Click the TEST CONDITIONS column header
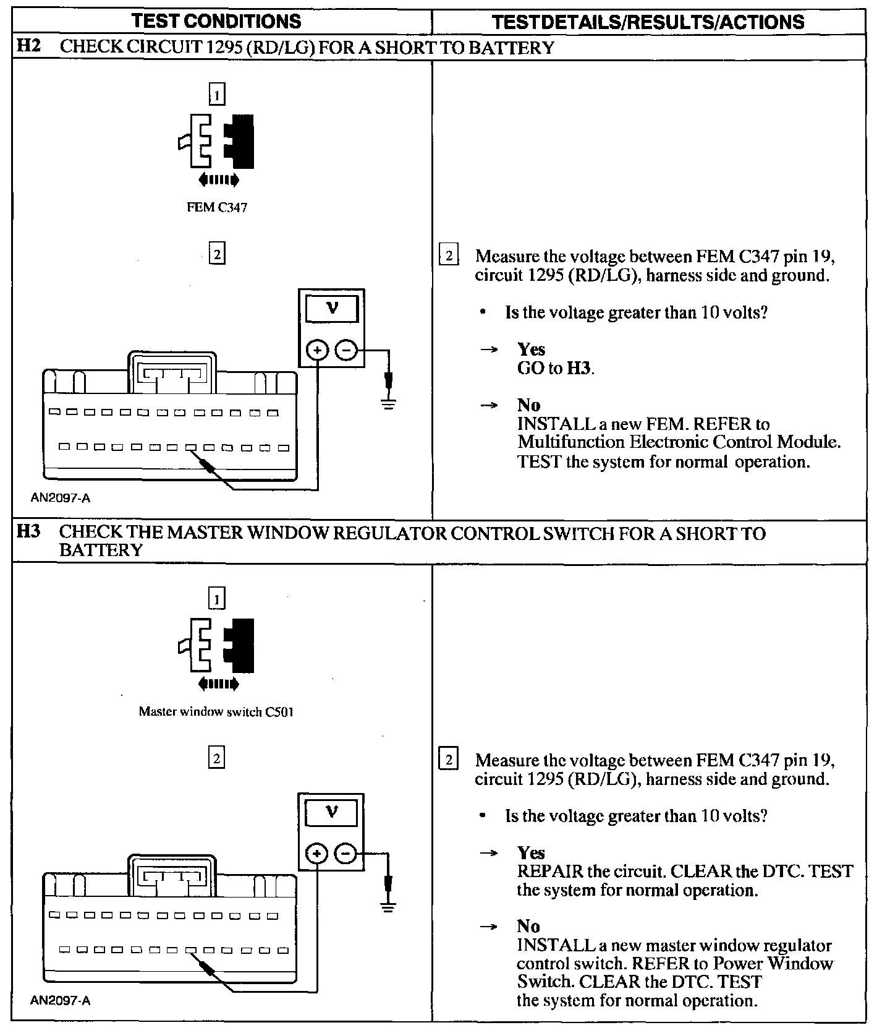coord(216,21)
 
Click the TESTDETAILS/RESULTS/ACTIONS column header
coord(648,22)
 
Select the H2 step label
coord(28,47)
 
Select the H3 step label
coord(28,532)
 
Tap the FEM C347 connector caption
coord(217,207)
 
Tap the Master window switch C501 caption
coord(216,711)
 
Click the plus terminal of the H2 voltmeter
coord(318,351)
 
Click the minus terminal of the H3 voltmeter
coord(345,854)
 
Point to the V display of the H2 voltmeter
coord(332,309)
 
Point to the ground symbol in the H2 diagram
coord(388,405)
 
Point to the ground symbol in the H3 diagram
coord(388,908)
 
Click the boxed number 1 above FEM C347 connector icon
coord(217,95)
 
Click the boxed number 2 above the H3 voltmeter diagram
coord(216,758)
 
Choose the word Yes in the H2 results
coord(531,349)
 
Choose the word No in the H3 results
coord(528,926)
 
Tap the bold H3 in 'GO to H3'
coord(579,369)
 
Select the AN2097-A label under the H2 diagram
coord(60,497)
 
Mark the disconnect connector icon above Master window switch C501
coord(217,646)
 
